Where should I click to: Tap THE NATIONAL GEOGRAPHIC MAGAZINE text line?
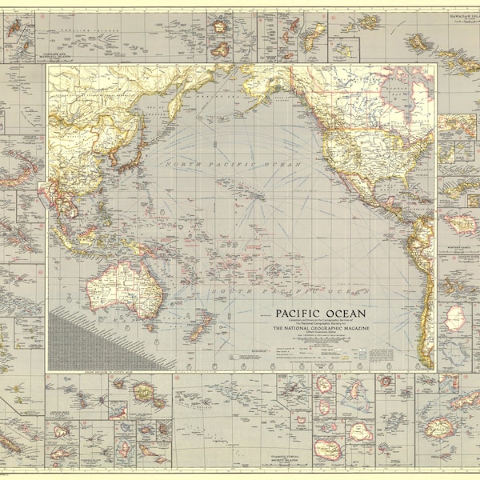click(320, 328)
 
